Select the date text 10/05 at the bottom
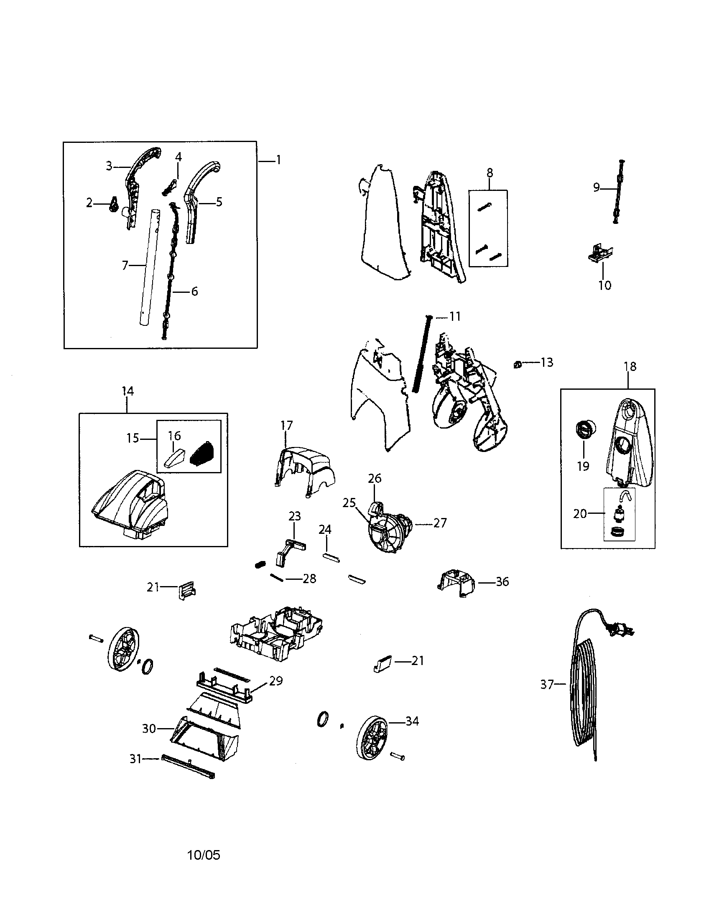(204, 855)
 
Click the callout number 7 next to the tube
(125, 266)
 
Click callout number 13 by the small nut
(546, 362)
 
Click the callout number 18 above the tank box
(630, 366)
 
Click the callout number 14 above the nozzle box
(128, 391)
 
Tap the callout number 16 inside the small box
(174, 436)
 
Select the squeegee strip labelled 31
(188, 767)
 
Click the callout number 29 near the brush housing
(276, 680)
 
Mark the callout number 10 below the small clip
(604, 285)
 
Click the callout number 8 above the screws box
(489, 173)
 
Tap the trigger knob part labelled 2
(113, 205)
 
